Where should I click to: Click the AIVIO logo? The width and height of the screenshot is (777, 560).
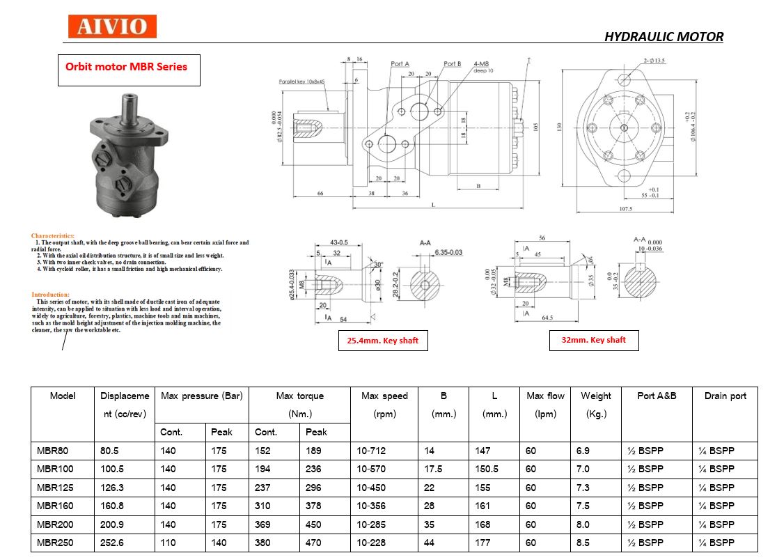point(112,27)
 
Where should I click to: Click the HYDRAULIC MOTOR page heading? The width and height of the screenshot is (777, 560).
point(664,36)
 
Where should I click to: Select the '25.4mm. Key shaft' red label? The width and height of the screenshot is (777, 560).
point(383,341)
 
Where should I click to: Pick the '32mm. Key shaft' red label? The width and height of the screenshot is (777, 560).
point(593,340)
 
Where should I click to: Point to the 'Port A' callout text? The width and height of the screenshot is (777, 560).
point(400,64)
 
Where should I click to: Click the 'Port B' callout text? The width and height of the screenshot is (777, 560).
point(453,64)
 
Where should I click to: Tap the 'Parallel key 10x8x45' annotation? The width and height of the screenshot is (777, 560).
point(302,81)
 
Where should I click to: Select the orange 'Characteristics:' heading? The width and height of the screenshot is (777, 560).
point(53,236)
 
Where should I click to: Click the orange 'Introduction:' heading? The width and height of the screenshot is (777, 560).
point(50,295)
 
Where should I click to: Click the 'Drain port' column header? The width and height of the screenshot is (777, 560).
point(725,396)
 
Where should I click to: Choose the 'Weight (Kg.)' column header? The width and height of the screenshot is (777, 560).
point(596,404)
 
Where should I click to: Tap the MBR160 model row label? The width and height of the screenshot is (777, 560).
point(55,506)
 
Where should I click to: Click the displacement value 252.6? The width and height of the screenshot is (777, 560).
point(112,543)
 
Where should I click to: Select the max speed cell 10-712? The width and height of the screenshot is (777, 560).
point(371,451)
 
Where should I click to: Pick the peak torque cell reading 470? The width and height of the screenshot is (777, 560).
point(313,543)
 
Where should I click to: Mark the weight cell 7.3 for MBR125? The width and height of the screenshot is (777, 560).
point(583,488)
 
